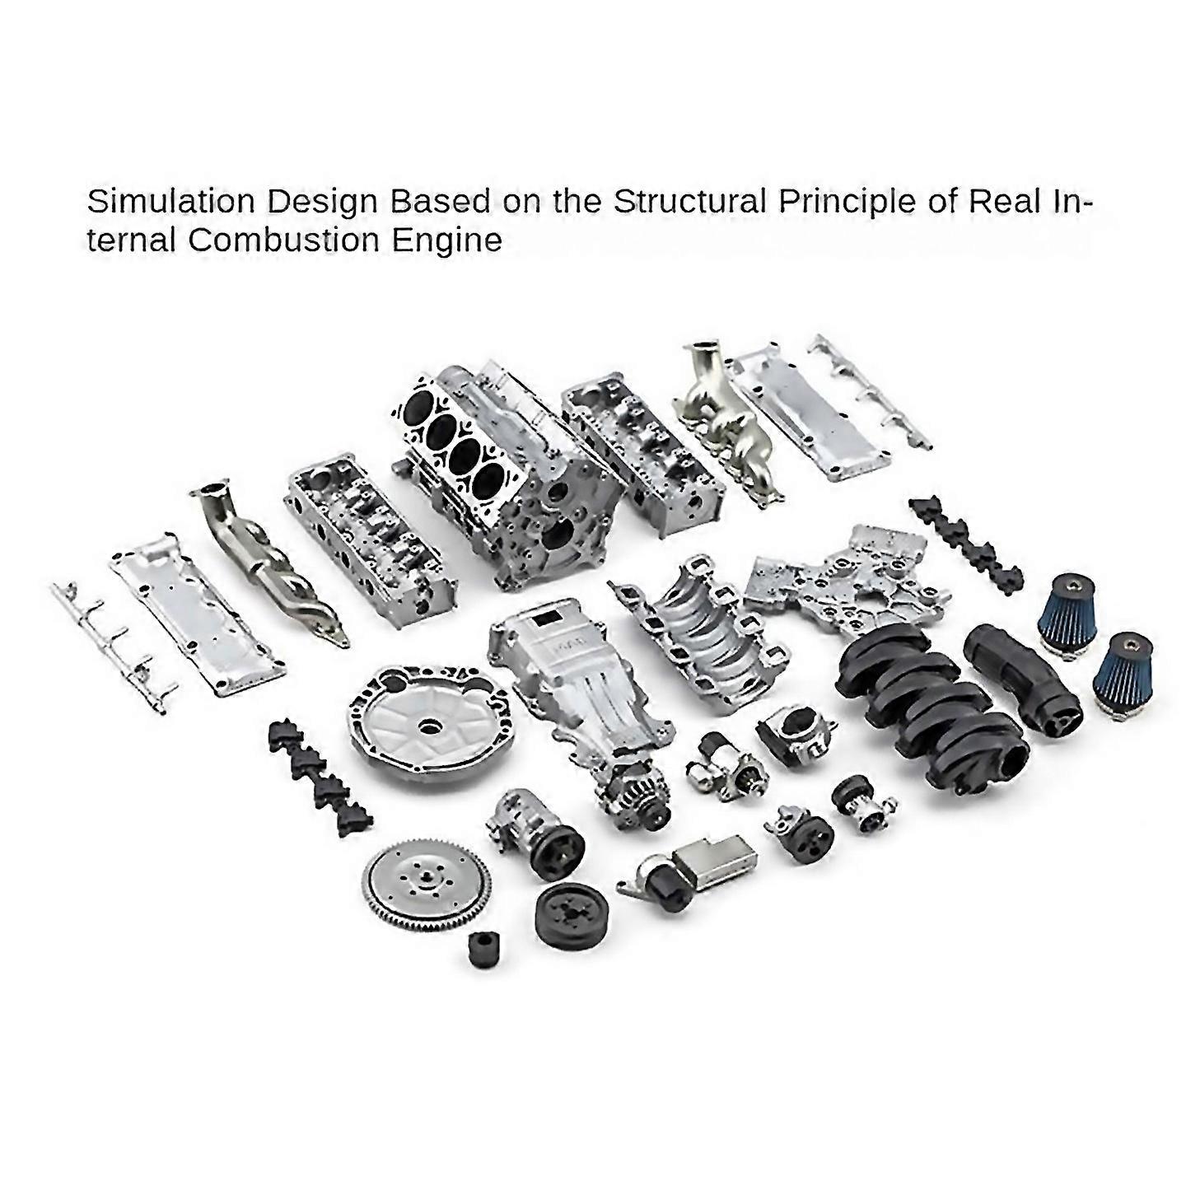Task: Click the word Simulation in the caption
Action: click(171, 203)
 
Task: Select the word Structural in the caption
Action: click(690, 203)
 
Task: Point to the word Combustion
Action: click(283, 240)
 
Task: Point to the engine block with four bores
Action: click(498, 477)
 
